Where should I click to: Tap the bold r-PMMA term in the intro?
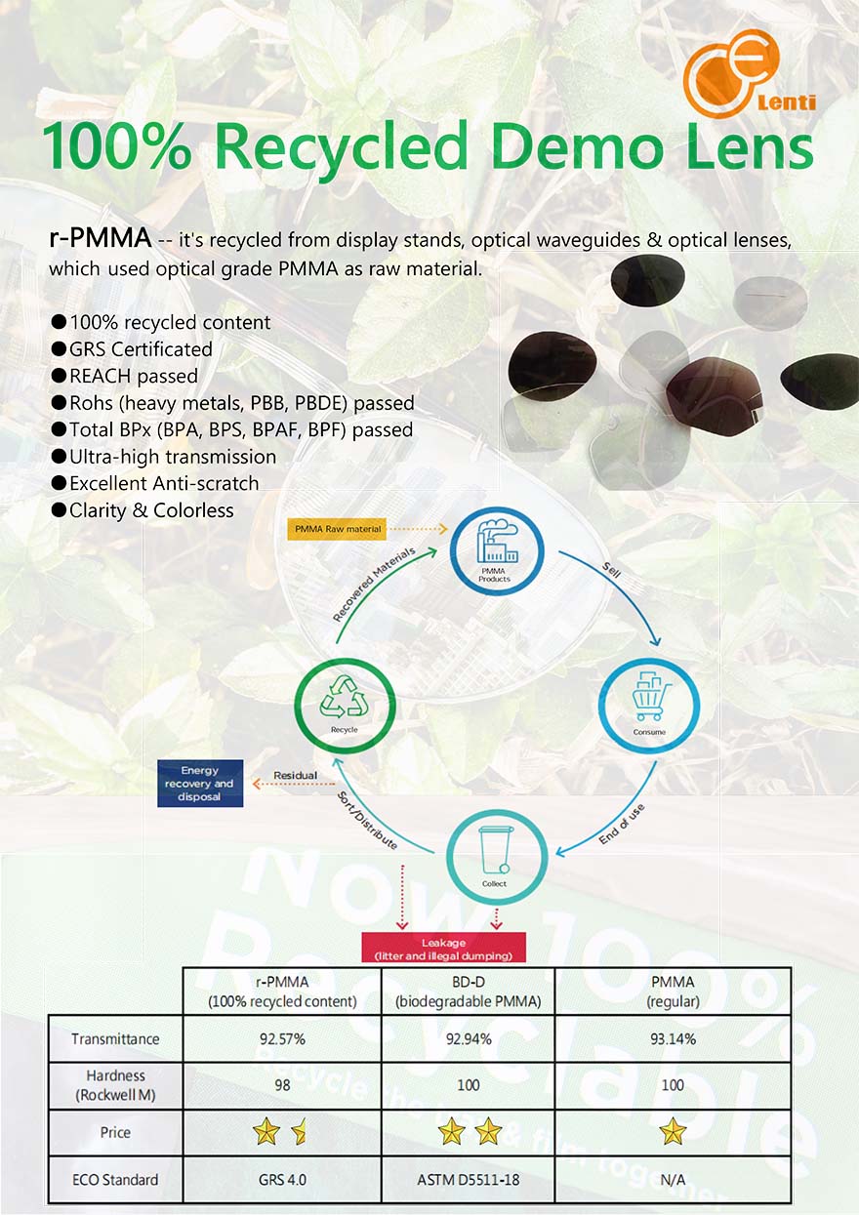click(100, 237)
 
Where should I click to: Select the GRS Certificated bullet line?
click(141, 348)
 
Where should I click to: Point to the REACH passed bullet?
click(133, 376)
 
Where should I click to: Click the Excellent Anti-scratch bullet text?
click(164, 483)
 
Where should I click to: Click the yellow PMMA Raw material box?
click(337, 529)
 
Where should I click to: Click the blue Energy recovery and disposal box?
click(199, 784)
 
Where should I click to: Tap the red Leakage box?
click(443, 949)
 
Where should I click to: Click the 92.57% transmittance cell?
click(282, 1039)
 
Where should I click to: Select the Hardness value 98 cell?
click(282, 1085)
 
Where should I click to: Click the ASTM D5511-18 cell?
click(468, 1180)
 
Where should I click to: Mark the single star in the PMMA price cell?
click(673, 1132)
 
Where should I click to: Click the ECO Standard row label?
click(115, 1180)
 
